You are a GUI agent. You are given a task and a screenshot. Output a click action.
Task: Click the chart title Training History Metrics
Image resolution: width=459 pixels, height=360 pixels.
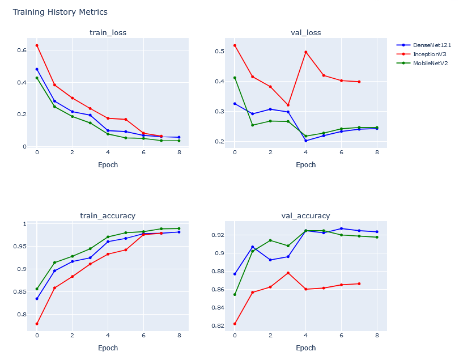pyautogui.click(x=60, y=12)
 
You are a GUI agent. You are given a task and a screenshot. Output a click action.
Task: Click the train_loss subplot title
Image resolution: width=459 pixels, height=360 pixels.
pyautogui.click(x=108, y=32)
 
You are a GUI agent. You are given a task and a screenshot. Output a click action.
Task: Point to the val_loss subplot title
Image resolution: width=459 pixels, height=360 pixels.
pyautogui.click(x=305, y=32)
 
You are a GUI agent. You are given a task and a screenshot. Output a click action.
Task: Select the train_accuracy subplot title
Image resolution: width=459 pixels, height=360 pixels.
pyautogui.click(x=108, y=215)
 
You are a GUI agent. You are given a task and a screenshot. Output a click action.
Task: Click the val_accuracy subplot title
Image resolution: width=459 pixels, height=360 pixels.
pyautogui.click(x=305, y=215)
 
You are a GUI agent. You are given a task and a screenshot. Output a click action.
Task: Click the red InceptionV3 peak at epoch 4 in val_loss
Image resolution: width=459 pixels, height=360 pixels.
pyautogui.click(x=306, y=52)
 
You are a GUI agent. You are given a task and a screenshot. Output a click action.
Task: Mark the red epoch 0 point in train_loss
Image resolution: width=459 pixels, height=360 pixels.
pyautogui.click(x=37, y=45)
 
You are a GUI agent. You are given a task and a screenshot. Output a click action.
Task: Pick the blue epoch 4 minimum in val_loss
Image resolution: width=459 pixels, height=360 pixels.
pyautogui.click(x=306, y=141)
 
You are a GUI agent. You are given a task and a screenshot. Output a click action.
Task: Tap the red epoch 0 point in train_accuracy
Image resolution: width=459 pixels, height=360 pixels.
pyautogui.click(x=37, y=324)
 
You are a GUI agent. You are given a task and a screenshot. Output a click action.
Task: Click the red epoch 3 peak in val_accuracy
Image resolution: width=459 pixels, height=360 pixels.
pyautogui.click(x=288, y=273)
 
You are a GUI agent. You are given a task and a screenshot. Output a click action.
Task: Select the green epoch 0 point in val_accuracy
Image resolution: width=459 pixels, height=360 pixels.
pyautogui.click(x=235, y=294)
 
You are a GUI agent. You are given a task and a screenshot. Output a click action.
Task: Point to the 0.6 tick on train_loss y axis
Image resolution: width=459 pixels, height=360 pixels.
pyautogui.click(x=21, y=50)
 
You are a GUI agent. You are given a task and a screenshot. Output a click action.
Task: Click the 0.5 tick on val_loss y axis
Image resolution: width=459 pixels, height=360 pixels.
pyautogui.click(x=219, y=52)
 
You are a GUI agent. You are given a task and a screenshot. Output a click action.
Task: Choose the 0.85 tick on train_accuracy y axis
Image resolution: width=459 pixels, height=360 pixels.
pyautogui.click(x=19, y=292)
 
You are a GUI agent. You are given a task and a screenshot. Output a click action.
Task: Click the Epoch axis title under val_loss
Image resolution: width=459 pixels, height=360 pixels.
pyautogui.click(x=305, y=165)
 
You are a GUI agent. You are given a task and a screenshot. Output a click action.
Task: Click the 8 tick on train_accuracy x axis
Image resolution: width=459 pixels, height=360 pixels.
pyautogui.click(x=178, y=335)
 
